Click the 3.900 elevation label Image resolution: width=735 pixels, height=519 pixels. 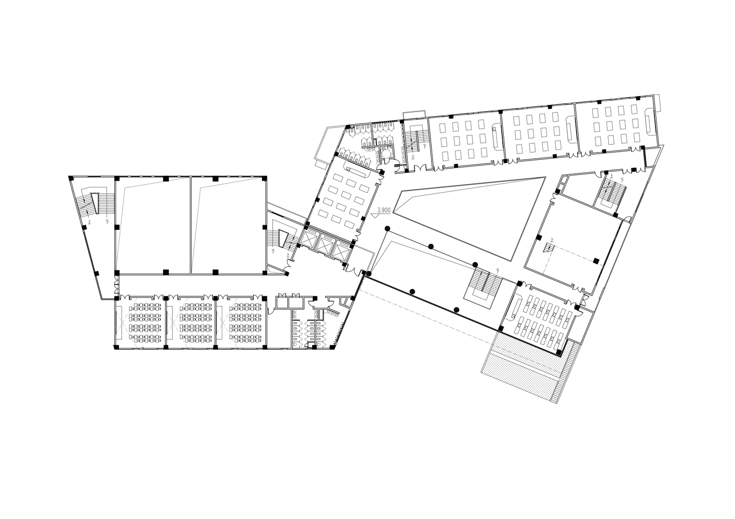coord(383,210)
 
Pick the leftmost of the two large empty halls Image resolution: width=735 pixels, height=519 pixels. coord(152,224)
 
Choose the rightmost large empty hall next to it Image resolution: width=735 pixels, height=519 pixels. coord(229,224)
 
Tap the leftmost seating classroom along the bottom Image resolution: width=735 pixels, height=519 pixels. coord(140,322)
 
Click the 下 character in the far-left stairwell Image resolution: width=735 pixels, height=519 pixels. coord(107,222)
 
